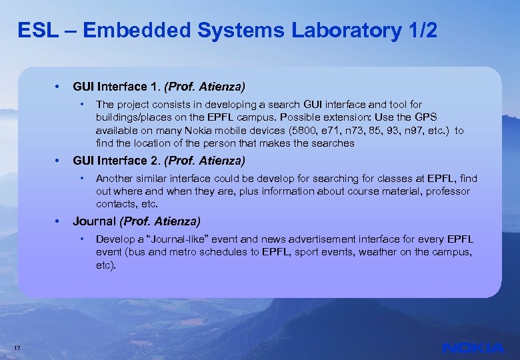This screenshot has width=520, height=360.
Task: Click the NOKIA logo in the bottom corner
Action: (x=473, y=347)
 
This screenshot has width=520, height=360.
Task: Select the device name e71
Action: (x=329, y=131)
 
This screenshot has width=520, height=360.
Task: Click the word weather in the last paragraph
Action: (x=413, y=252)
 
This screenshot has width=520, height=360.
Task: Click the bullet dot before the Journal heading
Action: (x=58, y=221)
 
